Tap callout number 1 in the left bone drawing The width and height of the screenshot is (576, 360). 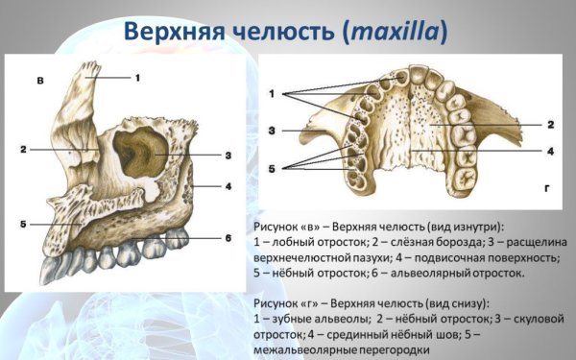click(136, 76)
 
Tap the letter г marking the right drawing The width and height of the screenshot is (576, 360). click(546, 202)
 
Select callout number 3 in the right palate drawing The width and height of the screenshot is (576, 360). click(273, 130)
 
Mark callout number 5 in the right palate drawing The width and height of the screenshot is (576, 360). click(273, 169)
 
